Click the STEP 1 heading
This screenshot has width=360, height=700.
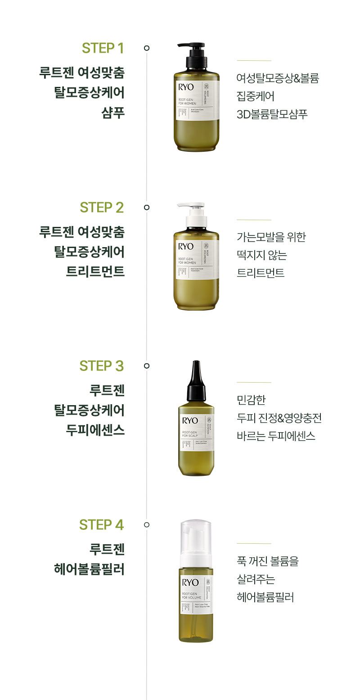(103, 48)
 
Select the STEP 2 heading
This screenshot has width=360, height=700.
(102, 208)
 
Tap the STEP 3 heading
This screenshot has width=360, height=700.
(102, 366)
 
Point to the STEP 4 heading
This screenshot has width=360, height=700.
(101, 525)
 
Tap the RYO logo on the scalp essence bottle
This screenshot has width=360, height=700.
(190, 421)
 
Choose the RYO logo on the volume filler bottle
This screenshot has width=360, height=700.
(190, 583)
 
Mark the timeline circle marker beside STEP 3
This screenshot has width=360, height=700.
(146, 366)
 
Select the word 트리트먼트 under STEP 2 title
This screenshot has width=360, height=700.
(95, 272)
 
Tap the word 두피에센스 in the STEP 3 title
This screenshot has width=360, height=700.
(95, 430)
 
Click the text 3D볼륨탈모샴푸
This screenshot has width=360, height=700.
(272, 114)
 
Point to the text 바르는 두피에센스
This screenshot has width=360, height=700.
(276, 436)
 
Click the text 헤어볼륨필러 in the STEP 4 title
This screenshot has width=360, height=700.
(89, 569)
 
